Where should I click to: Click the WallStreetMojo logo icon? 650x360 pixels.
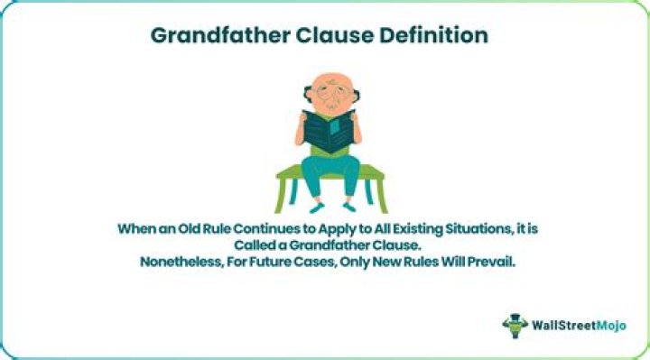click(515, 325)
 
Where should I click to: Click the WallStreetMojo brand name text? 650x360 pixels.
click(577, 326)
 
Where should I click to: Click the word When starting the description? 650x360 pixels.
click(138, 228)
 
